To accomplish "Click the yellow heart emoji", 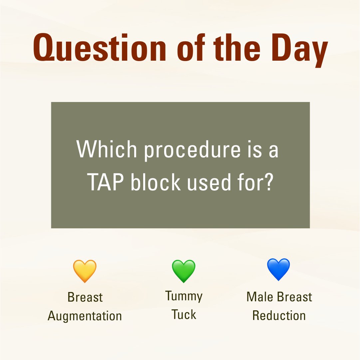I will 85,271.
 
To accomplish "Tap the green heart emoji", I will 183,271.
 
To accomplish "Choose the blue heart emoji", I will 279,269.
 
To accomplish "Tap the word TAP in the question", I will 106,183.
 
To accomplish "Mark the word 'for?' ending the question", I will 258,183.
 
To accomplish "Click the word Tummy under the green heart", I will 184,296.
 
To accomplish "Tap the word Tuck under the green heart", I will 184,314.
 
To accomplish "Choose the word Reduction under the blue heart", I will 279,315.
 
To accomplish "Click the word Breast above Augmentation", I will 85,297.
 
